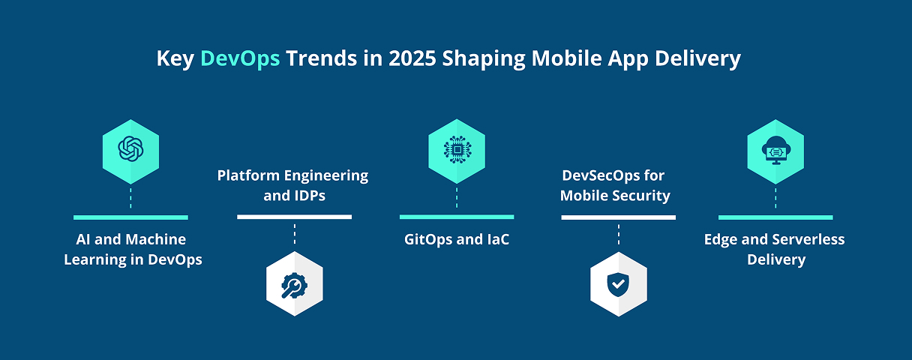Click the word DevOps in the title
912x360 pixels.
click(240, 58)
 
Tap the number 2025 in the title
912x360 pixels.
click(412, 58)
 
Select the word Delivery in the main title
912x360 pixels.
click(697, 59)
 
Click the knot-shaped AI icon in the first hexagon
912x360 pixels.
click(130, 148)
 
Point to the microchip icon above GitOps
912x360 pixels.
click(457, 149)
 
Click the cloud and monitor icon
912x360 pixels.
click(776, 150)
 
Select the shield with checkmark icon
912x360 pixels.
click(618, 284)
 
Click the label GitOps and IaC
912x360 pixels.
click(457, 239)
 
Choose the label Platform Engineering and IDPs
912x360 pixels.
click(293, 185)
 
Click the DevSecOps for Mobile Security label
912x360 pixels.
click(615, 185)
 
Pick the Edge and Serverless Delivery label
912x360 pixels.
click(775, 249)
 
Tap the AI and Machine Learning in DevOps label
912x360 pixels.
click(133, 249)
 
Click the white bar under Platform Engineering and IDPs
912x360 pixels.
click(294, 217)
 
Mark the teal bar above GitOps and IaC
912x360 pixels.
click(457, 217)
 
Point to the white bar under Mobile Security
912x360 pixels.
click(619, 217)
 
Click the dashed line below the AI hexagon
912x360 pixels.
click(130, 198)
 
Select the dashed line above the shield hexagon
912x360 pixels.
click(619, 234)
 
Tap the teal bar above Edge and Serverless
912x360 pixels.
click(775, 217)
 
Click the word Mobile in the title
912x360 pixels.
click(567, 58)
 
